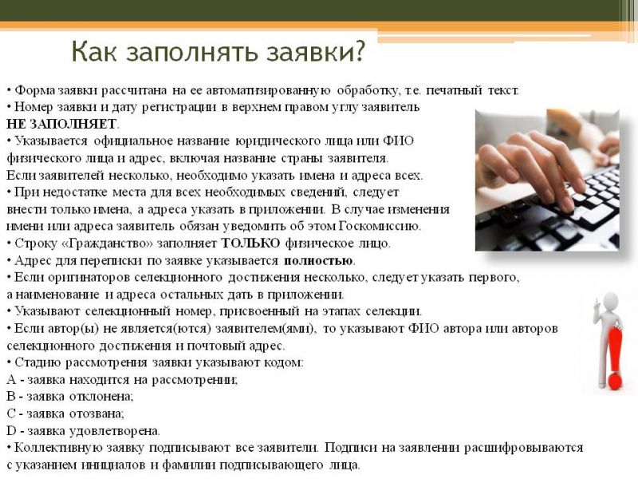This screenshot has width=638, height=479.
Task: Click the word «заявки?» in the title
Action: (x=314, y=51)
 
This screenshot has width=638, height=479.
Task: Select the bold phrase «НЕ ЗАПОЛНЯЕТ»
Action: (x=61, y=124)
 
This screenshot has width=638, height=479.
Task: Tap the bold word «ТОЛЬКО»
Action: (x=250, y=243)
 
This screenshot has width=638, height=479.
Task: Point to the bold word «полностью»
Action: (x=318, y=261)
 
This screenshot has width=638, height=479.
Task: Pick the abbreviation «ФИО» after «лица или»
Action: (x=398, y=141)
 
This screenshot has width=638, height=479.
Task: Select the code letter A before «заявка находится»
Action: (x=11, y=380)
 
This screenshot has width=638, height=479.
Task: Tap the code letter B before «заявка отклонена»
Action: (x=10, y=396)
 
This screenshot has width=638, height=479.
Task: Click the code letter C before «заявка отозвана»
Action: (x=10, y=414)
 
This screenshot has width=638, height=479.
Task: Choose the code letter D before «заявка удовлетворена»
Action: (x=11, y=430)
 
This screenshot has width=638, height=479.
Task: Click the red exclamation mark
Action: (x=615, y=358)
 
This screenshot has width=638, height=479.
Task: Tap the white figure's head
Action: (x=610, y=303)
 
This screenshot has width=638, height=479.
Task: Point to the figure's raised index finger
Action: (x=596, y=303)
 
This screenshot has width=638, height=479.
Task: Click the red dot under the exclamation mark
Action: (x=614, y=382)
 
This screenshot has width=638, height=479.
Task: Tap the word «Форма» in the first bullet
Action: (x=34, y=90)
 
